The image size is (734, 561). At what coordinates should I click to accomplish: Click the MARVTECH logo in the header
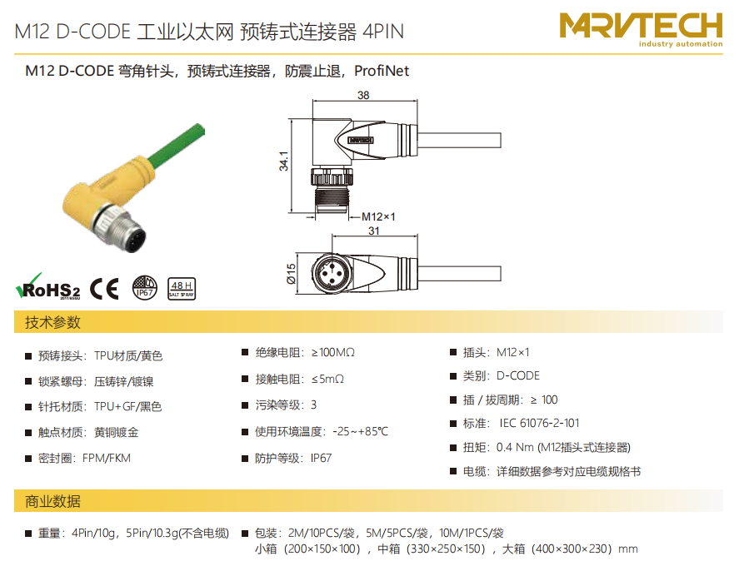[641, 30]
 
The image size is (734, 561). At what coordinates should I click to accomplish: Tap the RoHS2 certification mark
[47, 286]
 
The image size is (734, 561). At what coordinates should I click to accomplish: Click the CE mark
[104, 288]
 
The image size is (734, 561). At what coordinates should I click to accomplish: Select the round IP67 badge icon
[145, 287]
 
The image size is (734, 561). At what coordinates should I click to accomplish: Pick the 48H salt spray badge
[182, 289]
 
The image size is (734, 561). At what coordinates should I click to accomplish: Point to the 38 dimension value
[363, 96]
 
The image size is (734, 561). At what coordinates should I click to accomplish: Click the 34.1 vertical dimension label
[283, 161]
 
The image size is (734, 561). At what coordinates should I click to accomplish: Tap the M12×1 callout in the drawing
[378, 217]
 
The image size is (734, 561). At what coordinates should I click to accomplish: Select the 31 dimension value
[373, 231]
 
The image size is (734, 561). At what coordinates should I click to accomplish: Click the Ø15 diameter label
[291, 274]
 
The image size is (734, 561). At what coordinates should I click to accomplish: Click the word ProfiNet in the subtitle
[382, 71]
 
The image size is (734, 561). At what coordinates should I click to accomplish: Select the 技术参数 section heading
[52, 322]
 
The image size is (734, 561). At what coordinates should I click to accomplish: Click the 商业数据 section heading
[52, 501]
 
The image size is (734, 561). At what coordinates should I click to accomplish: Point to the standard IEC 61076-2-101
[539, 423]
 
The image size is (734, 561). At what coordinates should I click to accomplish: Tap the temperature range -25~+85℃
[361, 431]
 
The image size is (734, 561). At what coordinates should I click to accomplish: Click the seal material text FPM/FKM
[107, 458]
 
